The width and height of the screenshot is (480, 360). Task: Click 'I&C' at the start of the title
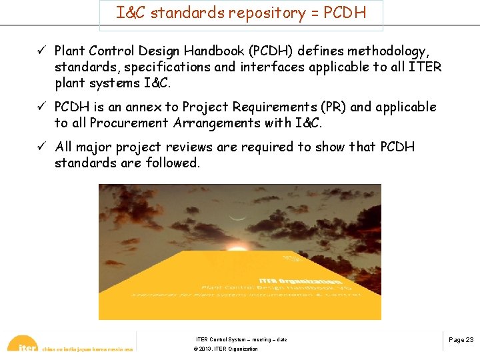click(131, 12)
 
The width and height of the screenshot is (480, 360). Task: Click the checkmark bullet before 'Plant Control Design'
click(41, 51)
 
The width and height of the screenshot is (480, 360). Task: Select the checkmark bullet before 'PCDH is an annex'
click(41, 107)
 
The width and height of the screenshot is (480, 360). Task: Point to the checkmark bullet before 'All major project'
click(41, 147)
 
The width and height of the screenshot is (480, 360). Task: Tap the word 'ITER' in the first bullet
click(424, 67)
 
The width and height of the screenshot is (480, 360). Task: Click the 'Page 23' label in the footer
click(461, 339)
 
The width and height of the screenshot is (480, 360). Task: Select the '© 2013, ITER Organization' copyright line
click(225, 349)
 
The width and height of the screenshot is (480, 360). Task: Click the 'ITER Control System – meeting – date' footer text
click(241, 339)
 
